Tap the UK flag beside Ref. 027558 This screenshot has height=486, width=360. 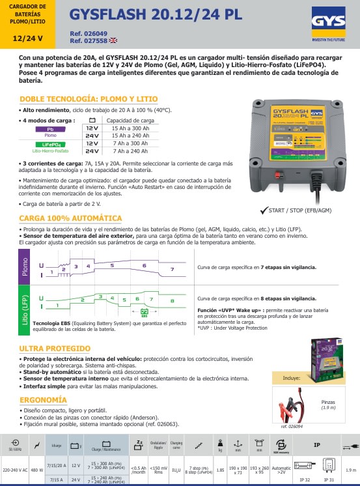(114, 40)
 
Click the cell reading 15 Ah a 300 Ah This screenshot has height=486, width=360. (130, 129)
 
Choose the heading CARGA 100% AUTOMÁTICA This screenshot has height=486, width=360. (70, 218)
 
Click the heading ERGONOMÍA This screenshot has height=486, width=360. (43, 399)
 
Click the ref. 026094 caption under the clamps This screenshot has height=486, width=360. (293, 427)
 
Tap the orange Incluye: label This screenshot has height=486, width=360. (292, 378)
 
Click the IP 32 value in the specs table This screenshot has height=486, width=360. (304, 481)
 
